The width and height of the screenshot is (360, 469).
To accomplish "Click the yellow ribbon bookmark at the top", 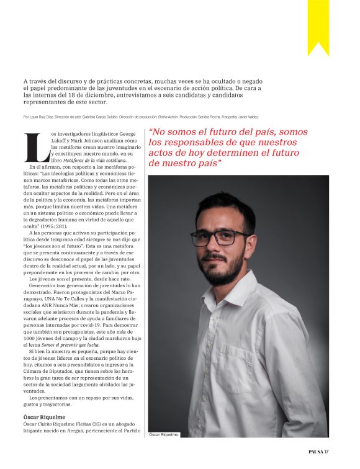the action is pyautogui.click(x=318, y=25).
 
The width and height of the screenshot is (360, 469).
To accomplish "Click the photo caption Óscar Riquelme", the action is pyautogui.click(x=164, y=435).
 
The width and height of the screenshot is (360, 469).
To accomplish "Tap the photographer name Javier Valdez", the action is pyautogui.click(x=246, y=117).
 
